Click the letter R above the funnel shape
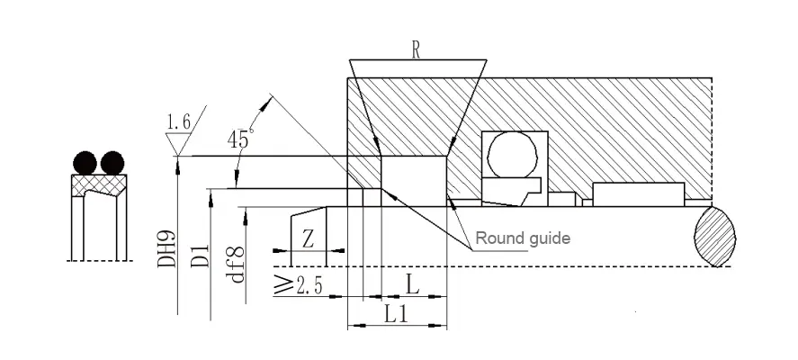point(416,50)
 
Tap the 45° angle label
point(239,139)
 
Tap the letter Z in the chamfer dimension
point(308,238)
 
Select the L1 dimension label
point(397,314)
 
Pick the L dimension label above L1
point(412,284)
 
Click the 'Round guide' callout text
point(523,238)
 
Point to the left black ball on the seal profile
point(84,163)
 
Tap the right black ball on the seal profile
point(112,163)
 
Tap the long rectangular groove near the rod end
point(638,193)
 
